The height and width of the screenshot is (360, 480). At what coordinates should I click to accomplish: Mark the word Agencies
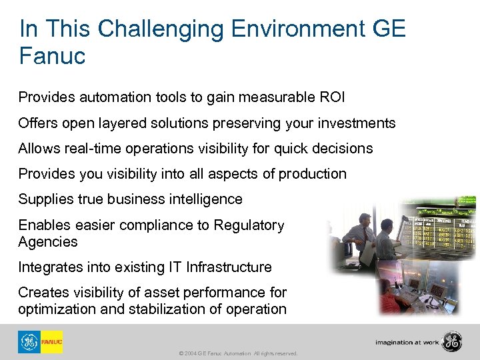[48, 242]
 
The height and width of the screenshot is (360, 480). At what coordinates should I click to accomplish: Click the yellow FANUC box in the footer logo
[52, 342]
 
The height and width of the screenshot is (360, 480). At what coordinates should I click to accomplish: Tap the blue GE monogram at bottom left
[29, 342]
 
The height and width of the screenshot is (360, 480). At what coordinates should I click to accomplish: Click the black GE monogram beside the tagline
[453, 341]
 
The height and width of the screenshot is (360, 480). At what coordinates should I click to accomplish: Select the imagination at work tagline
[406, 342]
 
